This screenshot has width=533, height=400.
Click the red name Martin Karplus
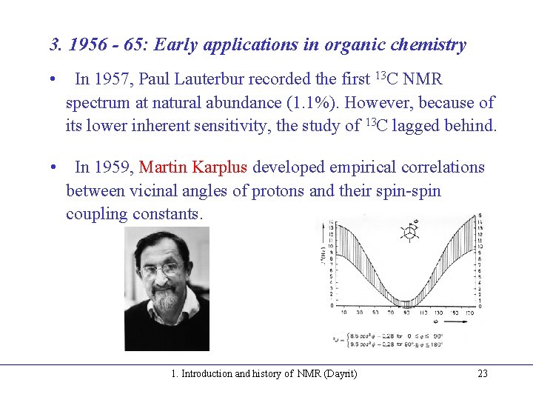pos(193,167)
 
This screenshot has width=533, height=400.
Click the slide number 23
pos(483,373)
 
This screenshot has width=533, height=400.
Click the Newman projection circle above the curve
pos(408,233)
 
